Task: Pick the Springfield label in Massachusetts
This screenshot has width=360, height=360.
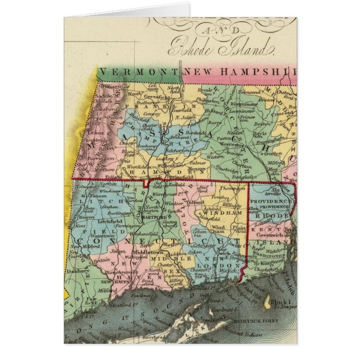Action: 165,173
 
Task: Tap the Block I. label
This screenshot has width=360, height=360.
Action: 277,300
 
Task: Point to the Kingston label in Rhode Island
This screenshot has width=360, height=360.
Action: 271,261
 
